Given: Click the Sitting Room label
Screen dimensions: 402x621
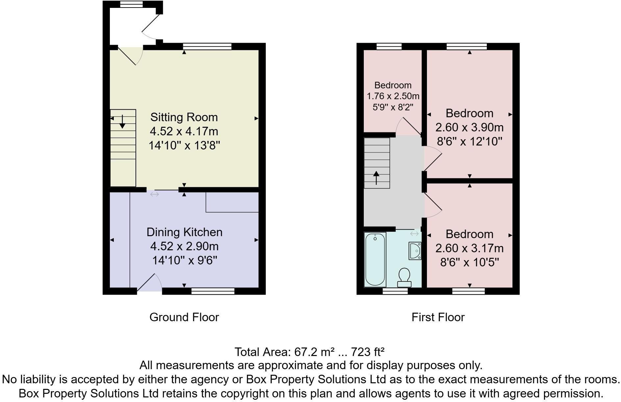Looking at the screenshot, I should pyautogui.click(x=184, y=117).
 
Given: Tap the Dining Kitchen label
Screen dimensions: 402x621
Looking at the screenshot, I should pyautogui.click(x=184, y=232).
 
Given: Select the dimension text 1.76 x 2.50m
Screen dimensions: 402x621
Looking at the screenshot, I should pyautogui.click(x=393, y=96).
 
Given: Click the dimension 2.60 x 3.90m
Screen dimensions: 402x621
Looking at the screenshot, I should pyautogui.click(x=469, y=127).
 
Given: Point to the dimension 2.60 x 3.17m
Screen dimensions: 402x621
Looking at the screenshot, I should pyautogui.click(x=469, y=248).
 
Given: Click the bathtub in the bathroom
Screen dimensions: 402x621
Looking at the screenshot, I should pyautogui.click(x=375, y=259).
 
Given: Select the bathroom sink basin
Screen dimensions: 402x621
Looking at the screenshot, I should pyautogui.click(x=415, y=251).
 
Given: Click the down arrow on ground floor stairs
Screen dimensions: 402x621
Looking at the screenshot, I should pyautogui.click(x=122, y=122).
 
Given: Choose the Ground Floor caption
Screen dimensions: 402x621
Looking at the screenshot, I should pyautogui.click(x=184, y=317).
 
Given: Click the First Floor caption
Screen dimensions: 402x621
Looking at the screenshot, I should pyautogui.click(x=438, y=317).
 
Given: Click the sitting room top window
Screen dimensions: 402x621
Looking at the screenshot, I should pyautogui.click(x=207, y=46).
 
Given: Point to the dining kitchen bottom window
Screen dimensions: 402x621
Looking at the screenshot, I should pyautogui.click(x=213, y=291).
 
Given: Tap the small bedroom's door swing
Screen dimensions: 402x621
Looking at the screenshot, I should pyautogui.click(x=408, y=126).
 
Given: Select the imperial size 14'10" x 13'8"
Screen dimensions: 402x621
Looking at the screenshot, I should pyautogui.click(x=184, y=145).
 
